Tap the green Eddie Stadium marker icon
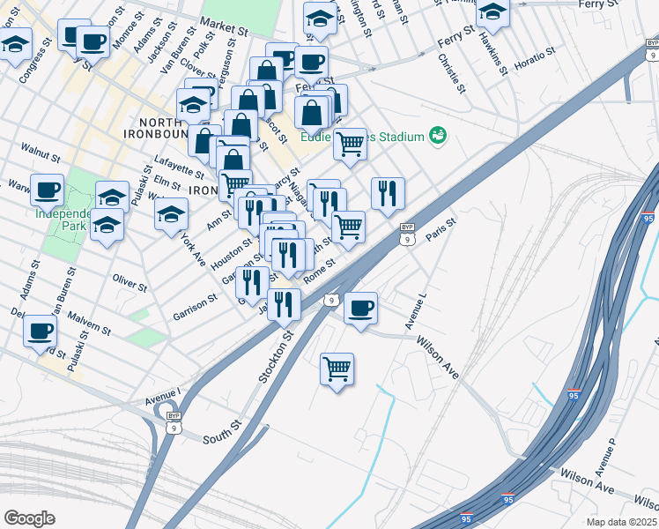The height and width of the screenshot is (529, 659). pos(437,135)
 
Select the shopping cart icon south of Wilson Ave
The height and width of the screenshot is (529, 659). pos(337,368)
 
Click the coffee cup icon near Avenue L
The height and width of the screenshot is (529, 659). pos(360,308)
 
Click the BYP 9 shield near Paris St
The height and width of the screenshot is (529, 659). pos(406,234)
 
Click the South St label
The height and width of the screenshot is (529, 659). pos(222,432)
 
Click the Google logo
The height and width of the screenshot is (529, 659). pos(28,518)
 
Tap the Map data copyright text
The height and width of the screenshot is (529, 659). pos(621,522)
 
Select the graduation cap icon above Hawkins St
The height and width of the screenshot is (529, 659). pos(492,13)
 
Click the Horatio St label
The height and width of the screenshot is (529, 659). pos(534,60)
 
